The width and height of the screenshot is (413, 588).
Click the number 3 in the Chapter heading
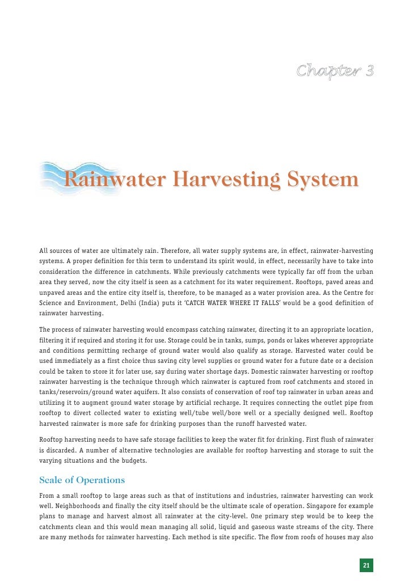pyautogui.click(x=369, y=71)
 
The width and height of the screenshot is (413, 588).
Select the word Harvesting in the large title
pyautogui.click(x=226, y=180)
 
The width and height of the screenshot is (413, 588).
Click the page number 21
pyautogui.click(x=366, y=565)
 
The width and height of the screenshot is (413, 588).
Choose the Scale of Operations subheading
pyautogui.click(x=82, y=480)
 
